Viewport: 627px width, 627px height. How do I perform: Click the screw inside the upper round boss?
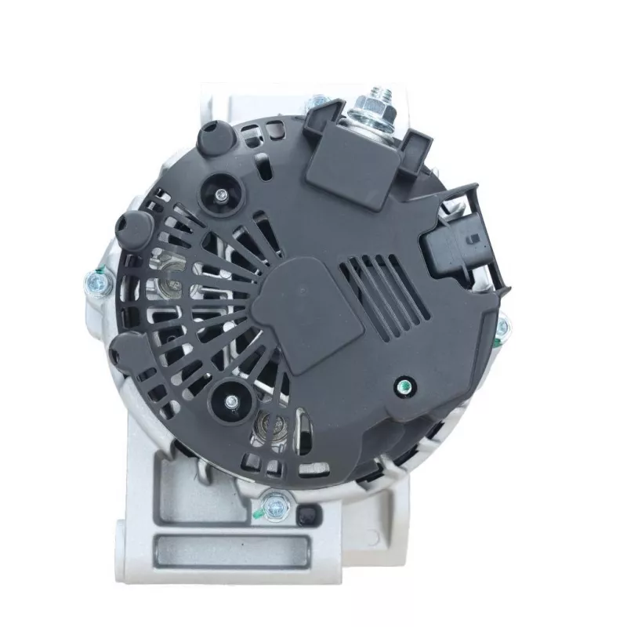(223, 196)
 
